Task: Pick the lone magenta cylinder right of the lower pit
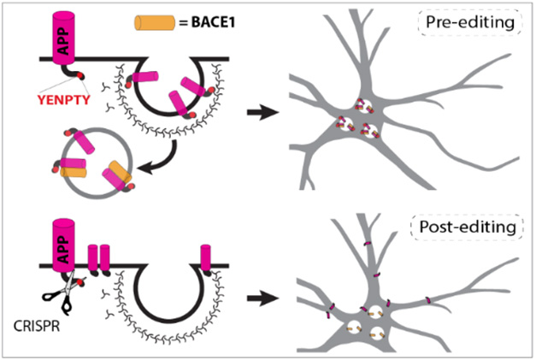205,256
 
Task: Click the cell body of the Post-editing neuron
368,321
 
